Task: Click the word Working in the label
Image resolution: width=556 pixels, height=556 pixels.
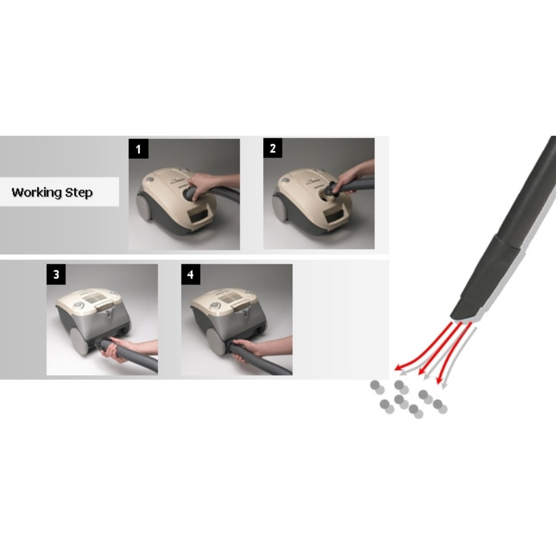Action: click(37, 193)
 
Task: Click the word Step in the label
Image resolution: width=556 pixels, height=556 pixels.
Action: click(79, 193)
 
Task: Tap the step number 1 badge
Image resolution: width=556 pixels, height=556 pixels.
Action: click(138, 149)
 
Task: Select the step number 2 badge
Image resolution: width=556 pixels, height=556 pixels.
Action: click(272, 148)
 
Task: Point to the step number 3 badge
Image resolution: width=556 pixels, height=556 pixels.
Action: click(56, 274)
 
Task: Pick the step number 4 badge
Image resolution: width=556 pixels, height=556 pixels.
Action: click(190, 274)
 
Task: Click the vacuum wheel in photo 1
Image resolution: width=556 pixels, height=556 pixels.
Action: click(145, 208)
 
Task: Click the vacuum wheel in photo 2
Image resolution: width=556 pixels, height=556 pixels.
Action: click(280, 208)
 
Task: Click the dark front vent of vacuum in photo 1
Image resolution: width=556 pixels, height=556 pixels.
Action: click(201, 215)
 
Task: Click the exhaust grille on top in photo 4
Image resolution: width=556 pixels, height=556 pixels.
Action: click(230, 298)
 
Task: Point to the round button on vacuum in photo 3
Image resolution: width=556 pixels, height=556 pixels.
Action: click(78, 306)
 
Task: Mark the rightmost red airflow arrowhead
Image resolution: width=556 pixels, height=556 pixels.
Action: click(439, 380)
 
